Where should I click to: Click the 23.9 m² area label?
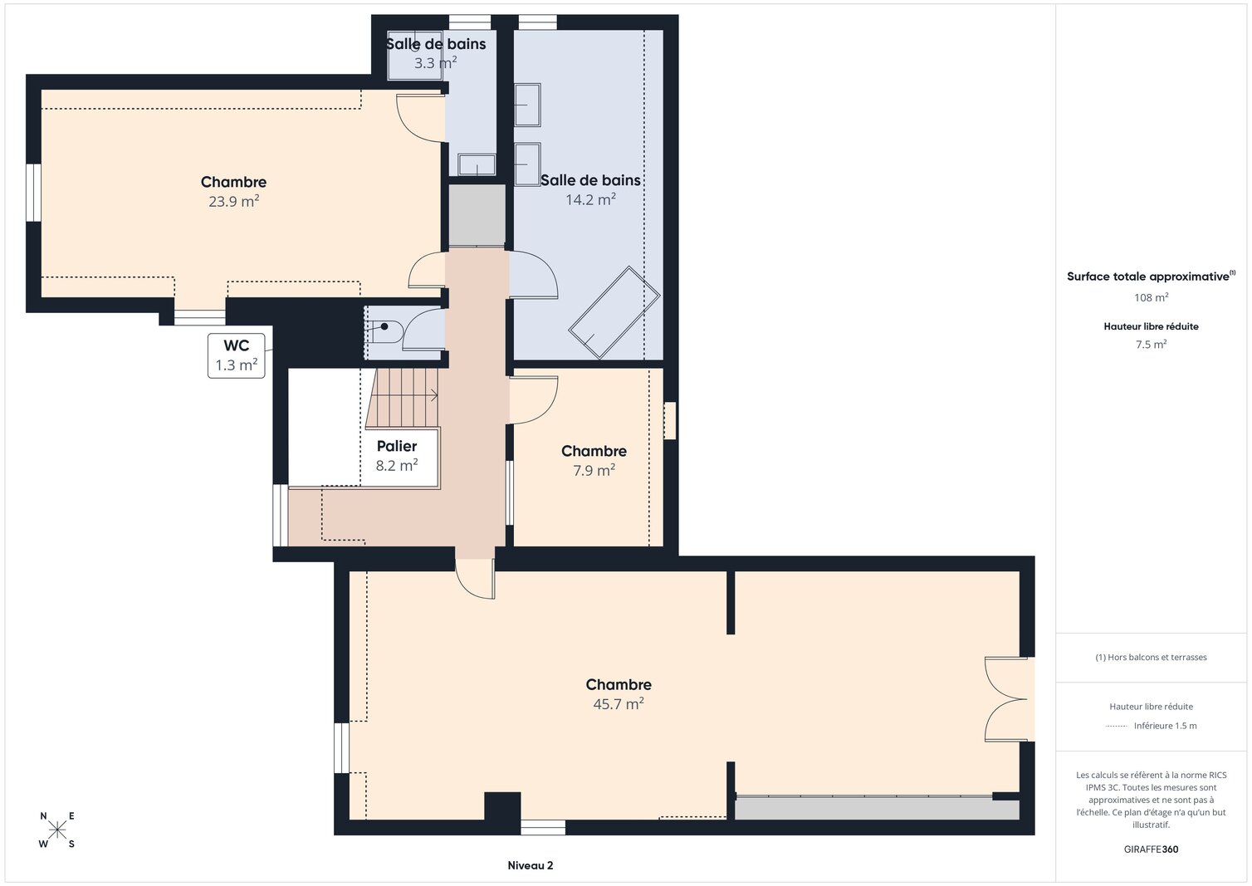(x=233, y=201)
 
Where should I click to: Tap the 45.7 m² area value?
(x=619, y=704)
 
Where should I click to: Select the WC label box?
(x=237, y=355)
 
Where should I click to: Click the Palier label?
(x=397, y=446)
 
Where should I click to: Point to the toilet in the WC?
(x=386, y=331)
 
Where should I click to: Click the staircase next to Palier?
(x=403, y=398)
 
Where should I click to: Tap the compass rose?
(x=57, y=830)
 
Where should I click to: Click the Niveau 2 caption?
(x=530, y=865)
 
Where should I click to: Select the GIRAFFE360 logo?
(x=1151, y=849)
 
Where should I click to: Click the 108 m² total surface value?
(x=1151, y=297)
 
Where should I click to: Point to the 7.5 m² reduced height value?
(x=1151, y=345)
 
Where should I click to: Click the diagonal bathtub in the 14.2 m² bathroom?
(x=614, y=312)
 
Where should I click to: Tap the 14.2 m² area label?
(x=590, y=199)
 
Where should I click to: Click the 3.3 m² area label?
(x=435, y=62)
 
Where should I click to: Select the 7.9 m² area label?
(x=594, y=471)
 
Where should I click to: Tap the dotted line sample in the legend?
(x=1116, y=726)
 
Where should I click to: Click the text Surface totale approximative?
(x=1148, y=277)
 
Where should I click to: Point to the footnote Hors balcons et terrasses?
(x=1151, y=658)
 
